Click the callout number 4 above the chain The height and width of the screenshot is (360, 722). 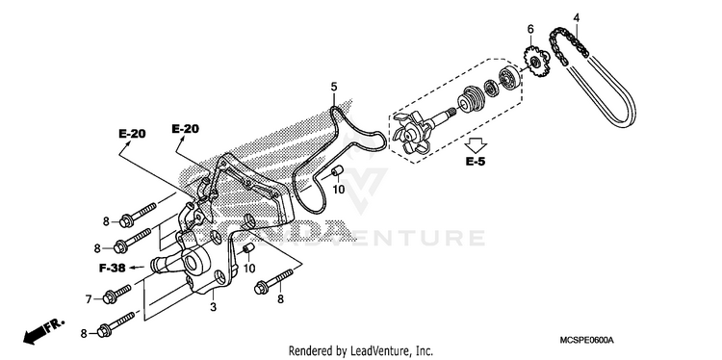(576, 18)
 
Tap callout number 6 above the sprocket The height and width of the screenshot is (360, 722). (530, 30)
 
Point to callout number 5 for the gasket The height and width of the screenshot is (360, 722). (334, 86)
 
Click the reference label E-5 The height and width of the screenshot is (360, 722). (476, 162)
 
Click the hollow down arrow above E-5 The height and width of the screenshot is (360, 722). (476, 145)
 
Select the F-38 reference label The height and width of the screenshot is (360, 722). (113, 268)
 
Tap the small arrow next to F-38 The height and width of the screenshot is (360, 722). (136, 267)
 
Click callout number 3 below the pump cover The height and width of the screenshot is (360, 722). (213, 307)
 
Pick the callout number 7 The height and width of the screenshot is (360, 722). (89, 299)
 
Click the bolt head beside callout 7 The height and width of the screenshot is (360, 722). (109, 296)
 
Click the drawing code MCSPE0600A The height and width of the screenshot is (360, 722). (586, 340)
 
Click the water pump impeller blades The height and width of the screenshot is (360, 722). (409, 132)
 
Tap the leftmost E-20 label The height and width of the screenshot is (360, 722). (132, 134)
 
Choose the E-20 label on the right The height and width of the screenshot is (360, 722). (185, 129)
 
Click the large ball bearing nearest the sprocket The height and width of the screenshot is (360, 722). (509, 77)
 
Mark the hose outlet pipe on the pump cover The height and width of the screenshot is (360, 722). (161, 266)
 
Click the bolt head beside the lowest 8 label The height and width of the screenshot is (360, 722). (104, 331)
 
